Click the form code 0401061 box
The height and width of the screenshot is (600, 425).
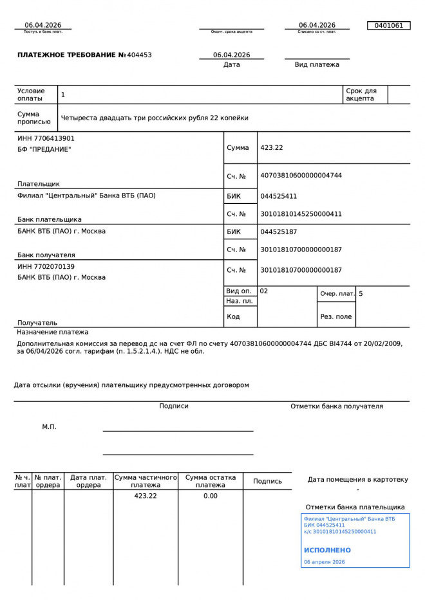tap(388, 26)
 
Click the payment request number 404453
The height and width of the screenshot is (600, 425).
tap(140, 55)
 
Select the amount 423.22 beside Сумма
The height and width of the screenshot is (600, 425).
tap(272, 148)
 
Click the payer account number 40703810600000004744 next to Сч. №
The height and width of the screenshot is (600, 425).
tap(301, 176)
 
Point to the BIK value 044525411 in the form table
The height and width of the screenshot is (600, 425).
tap(279, 196)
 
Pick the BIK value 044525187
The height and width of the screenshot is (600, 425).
tap(279, 232)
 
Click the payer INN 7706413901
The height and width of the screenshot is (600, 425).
tap(46, 138)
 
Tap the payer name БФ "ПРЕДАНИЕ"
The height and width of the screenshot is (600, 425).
tap(44, 150)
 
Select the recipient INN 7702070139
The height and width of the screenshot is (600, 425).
tap(46, 266)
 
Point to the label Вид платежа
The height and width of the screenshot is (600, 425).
tap(317, 65)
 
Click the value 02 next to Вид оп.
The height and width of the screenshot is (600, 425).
tap(264, 291)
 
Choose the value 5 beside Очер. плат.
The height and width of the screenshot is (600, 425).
tap(361, 294)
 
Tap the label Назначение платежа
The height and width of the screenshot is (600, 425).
tap(53, 332)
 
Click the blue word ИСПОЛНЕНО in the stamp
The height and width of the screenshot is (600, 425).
tap(327, 550)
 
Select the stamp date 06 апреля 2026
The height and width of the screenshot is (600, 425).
tap(325, 562)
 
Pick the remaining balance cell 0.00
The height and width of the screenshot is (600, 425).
tap(211, 496)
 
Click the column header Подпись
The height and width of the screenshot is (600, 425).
tap(267, 481)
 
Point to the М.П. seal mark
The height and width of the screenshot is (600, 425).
tap(50, 427)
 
